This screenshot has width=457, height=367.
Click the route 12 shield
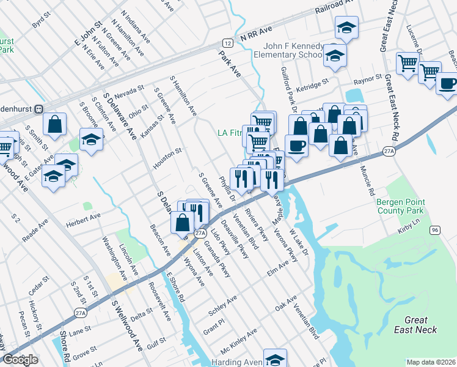[227, 43]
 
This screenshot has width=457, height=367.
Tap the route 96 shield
[434, 229]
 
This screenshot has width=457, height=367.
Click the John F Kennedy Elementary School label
[292, 50]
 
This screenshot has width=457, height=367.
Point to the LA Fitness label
[232, 133]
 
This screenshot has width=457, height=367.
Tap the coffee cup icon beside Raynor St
[448, 83]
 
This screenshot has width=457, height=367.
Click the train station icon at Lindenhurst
[38, 109]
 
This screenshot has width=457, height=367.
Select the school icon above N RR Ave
[346, 27]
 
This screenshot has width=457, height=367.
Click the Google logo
[20, 360]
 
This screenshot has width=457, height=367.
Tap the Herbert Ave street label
[87, 218]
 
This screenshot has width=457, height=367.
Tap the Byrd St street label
[40, 21]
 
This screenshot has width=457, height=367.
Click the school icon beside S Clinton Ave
[91, 139]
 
